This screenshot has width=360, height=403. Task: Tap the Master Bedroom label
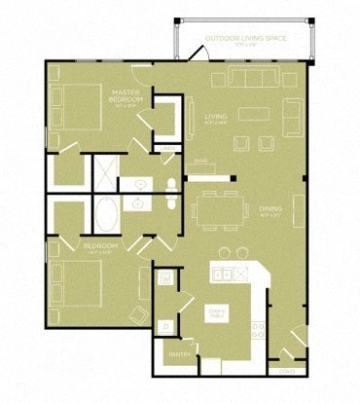(126, 97)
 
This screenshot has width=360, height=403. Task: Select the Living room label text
(215, 117)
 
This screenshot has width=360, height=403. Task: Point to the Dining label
(270, 208)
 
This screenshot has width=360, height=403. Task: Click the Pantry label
(178, 354)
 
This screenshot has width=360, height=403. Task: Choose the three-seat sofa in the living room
(255, 78)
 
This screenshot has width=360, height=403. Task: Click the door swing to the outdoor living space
(195, 54)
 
